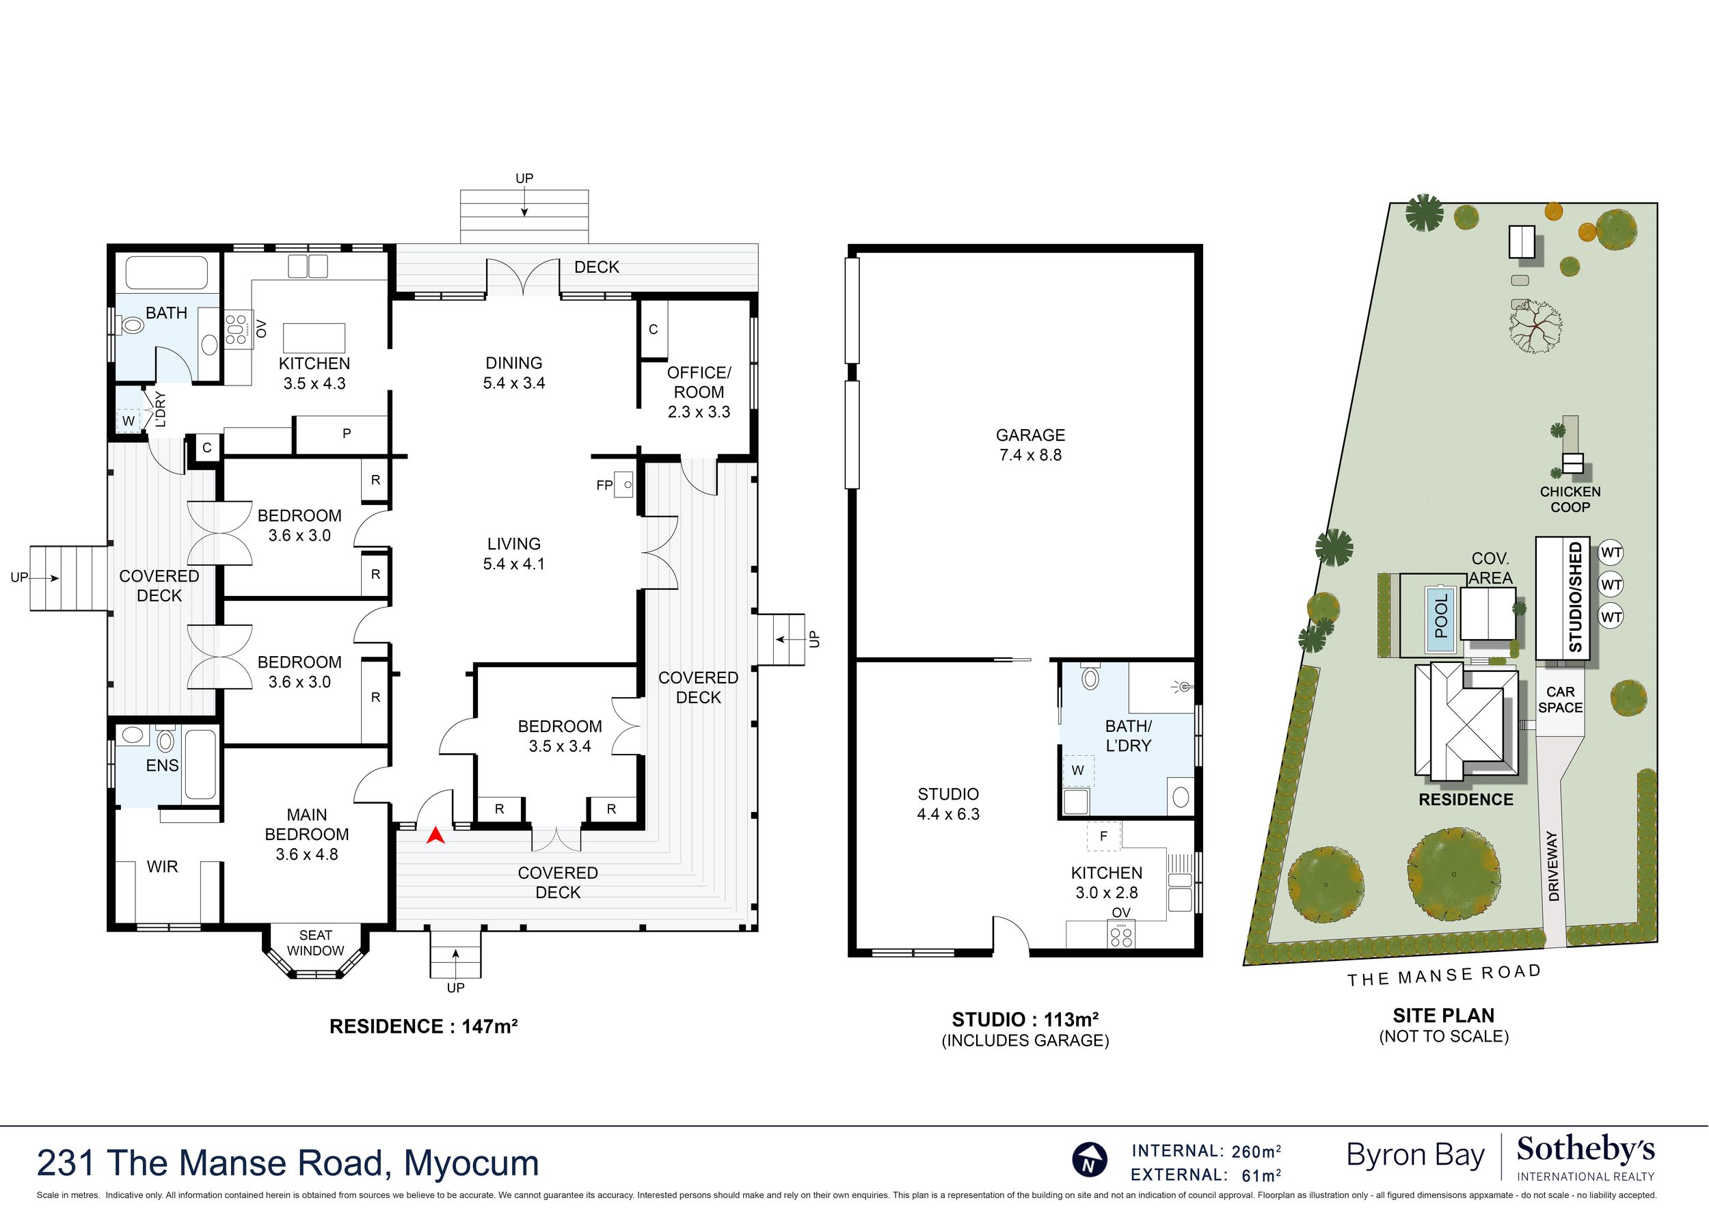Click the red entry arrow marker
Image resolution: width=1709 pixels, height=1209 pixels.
pyautogui.click(x=435, y=836)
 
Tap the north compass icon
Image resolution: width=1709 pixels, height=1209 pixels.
pyautogui.click(x=1090, y=1159)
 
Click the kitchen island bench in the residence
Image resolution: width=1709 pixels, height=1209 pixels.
pyautogui.click(x=314, y=338)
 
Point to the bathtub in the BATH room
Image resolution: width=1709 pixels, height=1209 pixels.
pyautogui.click(x=167, y=273)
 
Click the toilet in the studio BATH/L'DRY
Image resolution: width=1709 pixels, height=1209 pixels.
pyautogui.click(x=1091, y=677)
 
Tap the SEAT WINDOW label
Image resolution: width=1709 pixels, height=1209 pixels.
pyautogui.click(x=316, y=942)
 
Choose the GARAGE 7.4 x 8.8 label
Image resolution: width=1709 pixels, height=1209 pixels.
pyautogui.click(x=1031, y=444)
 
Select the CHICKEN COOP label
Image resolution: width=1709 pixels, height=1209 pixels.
pyautogui.click(x=1570, y=500)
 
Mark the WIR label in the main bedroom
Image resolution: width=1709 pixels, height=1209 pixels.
pyautogui.click(x=162, y=867)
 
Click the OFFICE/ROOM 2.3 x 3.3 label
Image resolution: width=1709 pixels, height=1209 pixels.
pyautogui.click(x=699, y=392)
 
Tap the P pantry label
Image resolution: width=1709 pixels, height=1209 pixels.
pyautogui.click(x=347, y=433)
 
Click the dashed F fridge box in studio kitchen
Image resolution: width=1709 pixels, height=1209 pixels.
pyautogui.click(x=1103, y=836)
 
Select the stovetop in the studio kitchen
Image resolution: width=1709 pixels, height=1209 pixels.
pyautogui.click(x=1122, y=934)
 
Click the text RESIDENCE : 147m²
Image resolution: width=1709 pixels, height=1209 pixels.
pyautogui.click(x=424, y=1027)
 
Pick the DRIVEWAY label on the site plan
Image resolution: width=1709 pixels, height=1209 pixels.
pyautogui.click(x=1554, y=866)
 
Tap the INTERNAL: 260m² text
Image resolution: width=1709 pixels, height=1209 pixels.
pyautogui.click(x=1207, y=1151)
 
